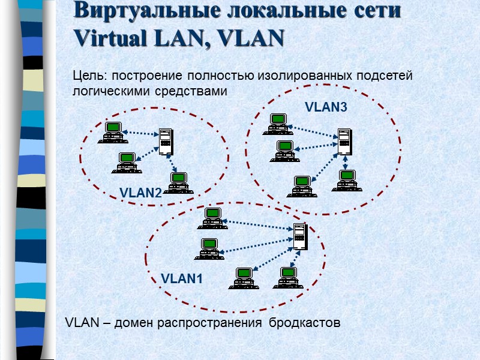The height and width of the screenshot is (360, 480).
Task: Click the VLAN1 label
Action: (182, 279)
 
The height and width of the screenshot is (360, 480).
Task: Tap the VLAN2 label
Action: (141, 193)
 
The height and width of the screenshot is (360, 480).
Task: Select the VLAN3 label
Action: (326, 107)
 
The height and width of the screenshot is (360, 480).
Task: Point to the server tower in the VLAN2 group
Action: (166, 142)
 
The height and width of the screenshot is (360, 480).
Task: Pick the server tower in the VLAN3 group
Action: (344, 141)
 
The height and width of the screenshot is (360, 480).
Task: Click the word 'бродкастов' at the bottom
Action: (304, 323)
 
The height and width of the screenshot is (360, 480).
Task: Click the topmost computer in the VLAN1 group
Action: (212, 217)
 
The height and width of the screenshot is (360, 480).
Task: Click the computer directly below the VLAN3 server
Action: (346, 180)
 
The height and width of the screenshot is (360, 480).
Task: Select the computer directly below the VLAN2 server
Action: (178, 182)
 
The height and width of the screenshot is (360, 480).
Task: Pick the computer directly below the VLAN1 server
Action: (289, 277)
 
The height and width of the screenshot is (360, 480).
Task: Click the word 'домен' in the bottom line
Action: (132, 323)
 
